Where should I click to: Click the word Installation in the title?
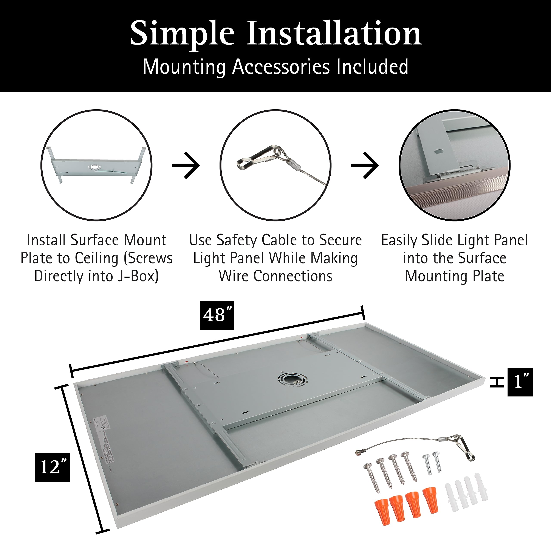click(333, 34)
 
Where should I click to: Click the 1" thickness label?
click(520, 382)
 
